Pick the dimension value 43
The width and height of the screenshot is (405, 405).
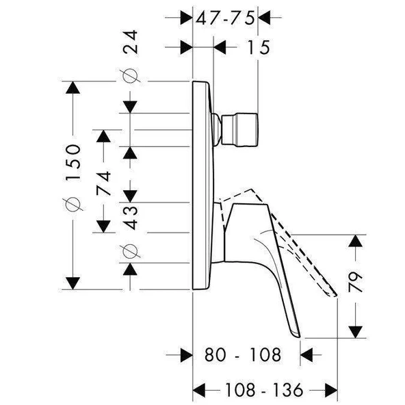pos(130,215)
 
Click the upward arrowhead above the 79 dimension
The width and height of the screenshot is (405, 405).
pos(355,241)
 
